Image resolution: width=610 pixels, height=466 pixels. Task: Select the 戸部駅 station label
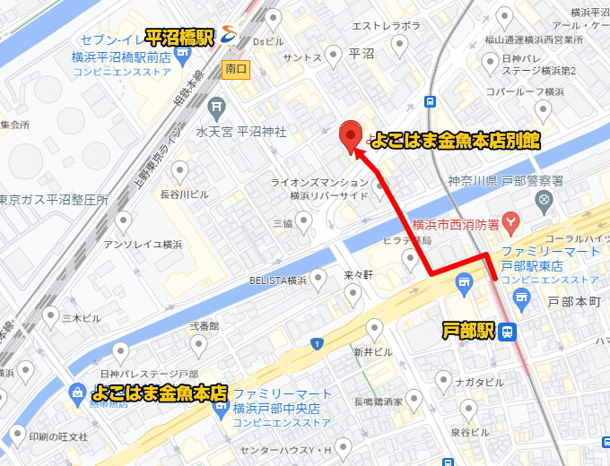pyautogui.click(x=468, y=332)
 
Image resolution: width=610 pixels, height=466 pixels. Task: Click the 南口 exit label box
pyautogui.click(x=235, y=68)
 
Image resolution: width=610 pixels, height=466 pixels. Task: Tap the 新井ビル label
pyautogui.click(x=372, y=351)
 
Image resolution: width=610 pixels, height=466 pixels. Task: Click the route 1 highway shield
pyautogui.click(x=316, y=343)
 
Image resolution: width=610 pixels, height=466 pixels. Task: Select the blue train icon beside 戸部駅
pyautogui.click(x=508, y=332)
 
